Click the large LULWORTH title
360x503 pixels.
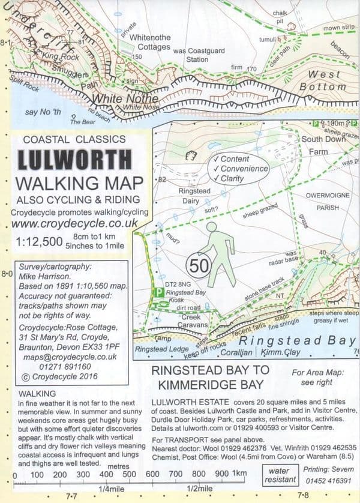tap(75, 159)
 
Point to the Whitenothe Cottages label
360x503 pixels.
tap(146, 42)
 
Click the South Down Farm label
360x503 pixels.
tap(324, 146)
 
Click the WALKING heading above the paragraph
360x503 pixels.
tap(31, 393)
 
